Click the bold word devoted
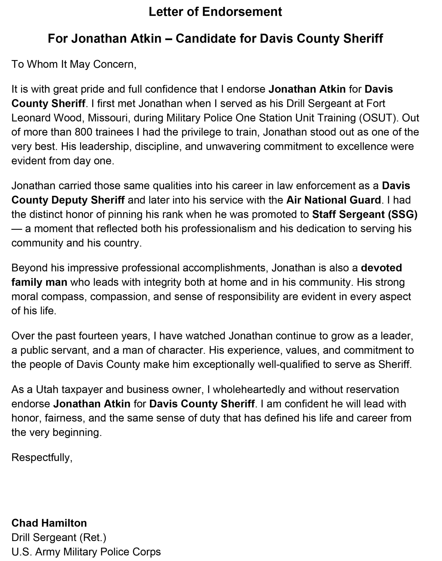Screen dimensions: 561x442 click(381, 268)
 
